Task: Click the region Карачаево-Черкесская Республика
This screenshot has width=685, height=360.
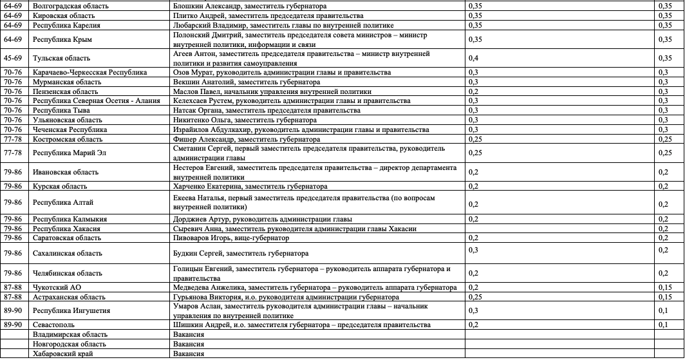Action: (x=90, y=73)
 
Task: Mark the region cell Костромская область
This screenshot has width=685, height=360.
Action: (x=68, y=139)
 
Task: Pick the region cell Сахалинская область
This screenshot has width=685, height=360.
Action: (x=67, y=254)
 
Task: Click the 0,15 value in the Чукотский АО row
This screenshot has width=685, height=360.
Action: (x=665, y=287)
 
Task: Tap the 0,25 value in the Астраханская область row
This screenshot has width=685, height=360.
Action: (x=475, y=297)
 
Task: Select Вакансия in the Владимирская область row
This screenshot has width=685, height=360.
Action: (x=189, y=335)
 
